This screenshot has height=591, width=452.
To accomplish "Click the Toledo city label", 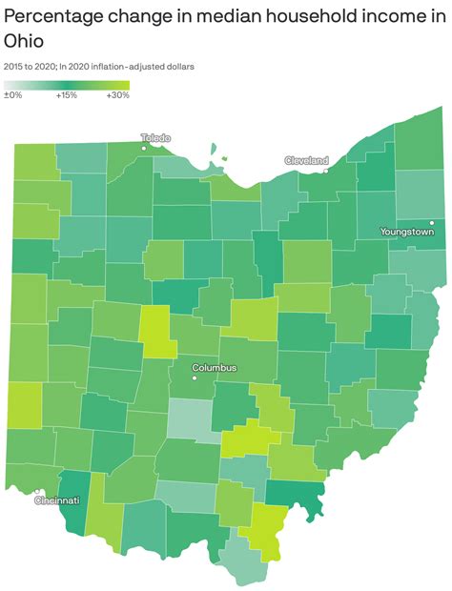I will pyautogui.click(x=154, y=137).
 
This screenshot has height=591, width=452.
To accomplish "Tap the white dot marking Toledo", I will pyautogui.click(x=144, y=149).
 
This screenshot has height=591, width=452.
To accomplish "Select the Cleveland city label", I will pyautogui.click(x=306, y=160).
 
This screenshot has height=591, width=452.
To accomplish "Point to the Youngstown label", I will pyautogui.click(x=406, y=232).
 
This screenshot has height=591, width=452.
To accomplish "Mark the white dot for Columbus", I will pyautogui.click(x=194, y=377).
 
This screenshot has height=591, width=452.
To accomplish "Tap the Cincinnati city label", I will pyautogui.click(x=57, y=499).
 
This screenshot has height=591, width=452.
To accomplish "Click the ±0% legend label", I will pyautogui.click(x=13, y=95).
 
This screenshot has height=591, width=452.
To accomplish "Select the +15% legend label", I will pyautogui.click(x=66, y=95).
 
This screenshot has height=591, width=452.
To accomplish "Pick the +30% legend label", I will pyautogui.click(x=117, y=95).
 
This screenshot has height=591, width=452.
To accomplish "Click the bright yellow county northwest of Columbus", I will pyautogui.click(x=157, y=331).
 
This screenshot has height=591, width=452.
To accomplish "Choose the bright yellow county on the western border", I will pyautogui.click(x=26, y=405).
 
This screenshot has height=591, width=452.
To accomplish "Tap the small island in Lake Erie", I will pyautogui.click(x=224, y=159).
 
